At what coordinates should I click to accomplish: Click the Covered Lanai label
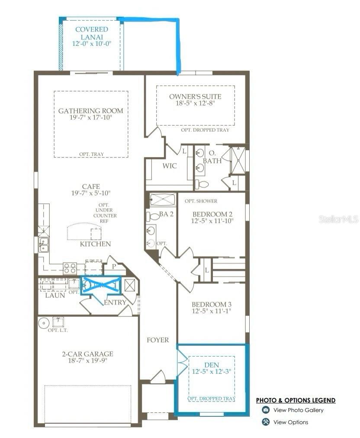tap(92, 33)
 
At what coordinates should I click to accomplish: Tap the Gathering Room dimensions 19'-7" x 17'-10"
tap(91, 117)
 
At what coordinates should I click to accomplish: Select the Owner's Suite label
tap(195, 97)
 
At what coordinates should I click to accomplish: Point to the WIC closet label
tap(170, 166)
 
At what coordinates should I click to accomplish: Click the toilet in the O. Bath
tap(202, 184)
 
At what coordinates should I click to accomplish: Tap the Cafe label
tap(91, 186)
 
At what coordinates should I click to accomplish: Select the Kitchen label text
tap(95, 244)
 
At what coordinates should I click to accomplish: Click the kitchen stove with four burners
tap(70, 268)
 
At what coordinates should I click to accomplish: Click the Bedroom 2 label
tap(212, 214)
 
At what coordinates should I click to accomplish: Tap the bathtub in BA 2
tap(163, 200)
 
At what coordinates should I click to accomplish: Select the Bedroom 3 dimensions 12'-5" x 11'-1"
tap(211, 311)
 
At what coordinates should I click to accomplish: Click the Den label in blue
tap(212, 365)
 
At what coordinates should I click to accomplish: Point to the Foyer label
tap(158, 340)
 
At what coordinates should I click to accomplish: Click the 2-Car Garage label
tap(87, 354)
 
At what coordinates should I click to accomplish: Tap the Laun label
tap(55, 295)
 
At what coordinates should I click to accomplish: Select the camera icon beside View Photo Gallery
tap(266, 410)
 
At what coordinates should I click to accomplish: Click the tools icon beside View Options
tap(266, 422)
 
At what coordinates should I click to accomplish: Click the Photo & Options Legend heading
tap(296, 400)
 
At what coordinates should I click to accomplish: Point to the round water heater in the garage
tap(44, 323)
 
